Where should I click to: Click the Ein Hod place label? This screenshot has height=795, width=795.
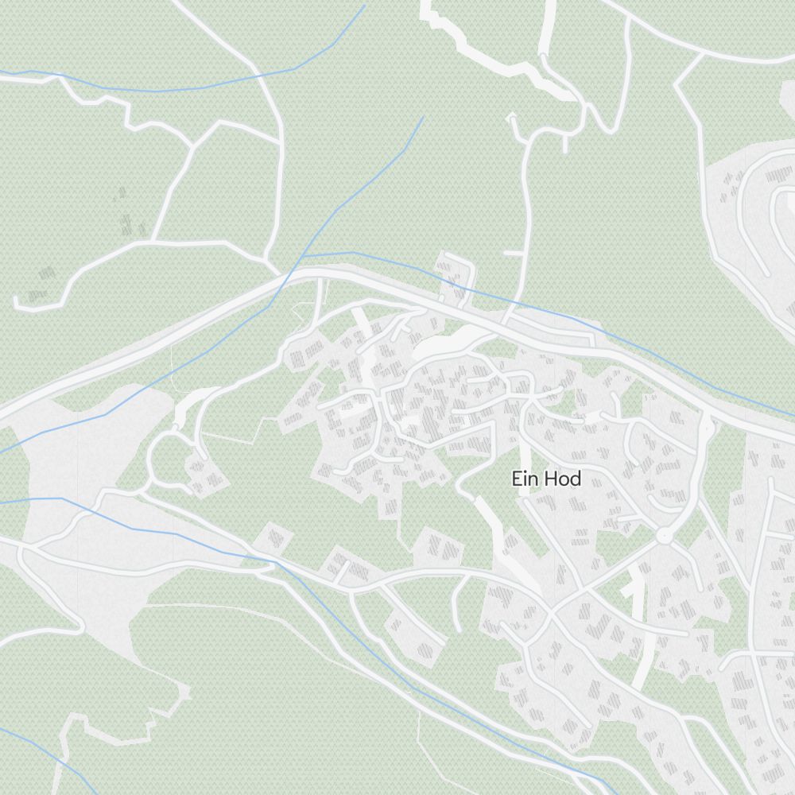(546, 479)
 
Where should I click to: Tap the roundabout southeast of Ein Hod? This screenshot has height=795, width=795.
(665, 537)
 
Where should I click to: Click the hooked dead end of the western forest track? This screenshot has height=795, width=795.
(17, 302)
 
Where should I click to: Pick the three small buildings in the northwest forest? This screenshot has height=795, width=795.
(124, 211)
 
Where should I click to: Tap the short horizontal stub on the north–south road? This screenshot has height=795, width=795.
(514, 254)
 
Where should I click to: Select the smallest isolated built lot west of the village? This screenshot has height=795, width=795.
(275, 538)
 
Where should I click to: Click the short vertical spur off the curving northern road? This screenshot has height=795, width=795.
(564, 143)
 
